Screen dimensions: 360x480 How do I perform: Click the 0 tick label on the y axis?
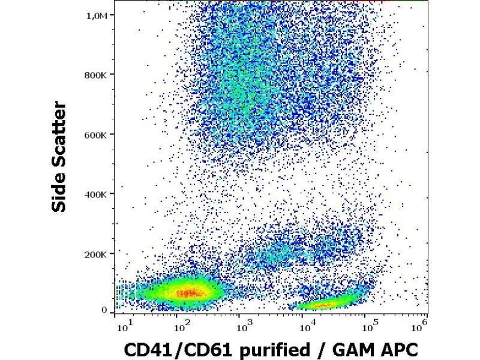pos(104,310)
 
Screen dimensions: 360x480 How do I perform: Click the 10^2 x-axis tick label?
pos(182,327)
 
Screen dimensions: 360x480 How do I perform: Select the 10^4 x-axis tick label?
pos(307,327)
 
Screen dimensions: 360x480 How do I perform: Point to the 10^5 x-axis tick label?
pos(370,327)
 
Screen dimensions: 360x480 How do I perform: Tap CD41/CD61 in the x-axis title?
pos(170,349)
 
